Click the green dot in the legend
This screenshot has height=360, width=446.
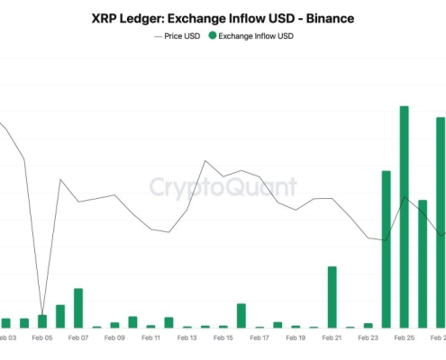[x=213, y=36]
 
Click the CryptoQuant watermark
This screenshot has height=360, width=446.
[x=223, y=187]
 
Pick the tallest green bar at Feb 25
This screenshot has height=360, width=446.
[x=405, y=216]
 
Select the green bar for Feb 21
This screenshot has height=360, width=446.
[x=332, y=297]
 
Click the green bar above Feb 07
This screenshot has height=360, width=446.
[x=78, y=308]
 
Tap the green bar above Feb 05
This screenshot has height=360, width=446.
[x=42, y=321]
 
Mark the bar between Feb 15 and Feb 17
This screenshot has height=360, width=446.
[x=241, y=315]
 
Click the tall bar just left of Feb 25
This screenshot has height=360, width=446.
[x=387, y=248]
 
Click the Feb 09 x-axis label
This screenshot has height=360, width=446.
[x=114, y=338]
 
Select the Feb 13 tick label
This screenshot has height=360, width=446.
[x=187, y=338]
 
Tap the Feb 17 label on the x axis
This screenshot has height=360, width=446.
[x=259, y=338]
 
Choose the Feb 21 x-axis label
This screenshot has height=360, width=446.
[x=332, y=338]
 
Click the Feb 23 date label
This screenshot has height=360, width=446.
[x=368, y=338]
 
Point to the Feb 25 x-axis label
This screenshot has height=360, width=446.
[x=405, y=338]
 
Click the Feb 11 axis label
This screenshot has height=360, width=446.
[x=150, y=338]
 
